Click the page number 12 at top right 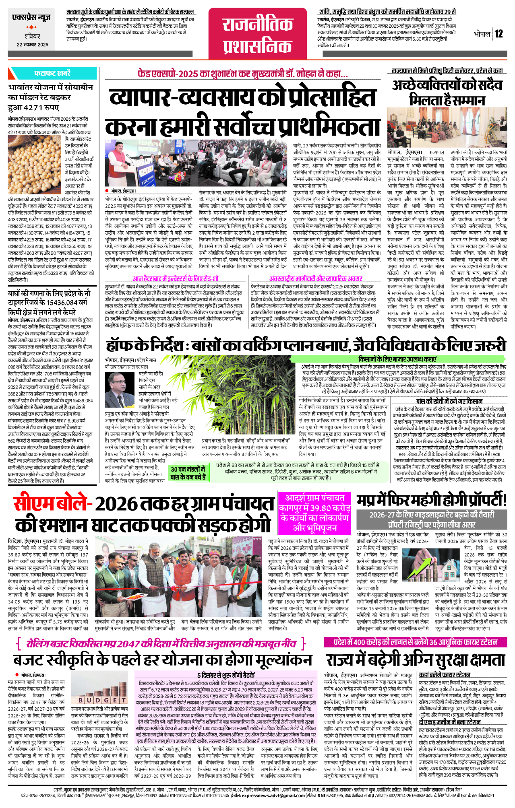498,34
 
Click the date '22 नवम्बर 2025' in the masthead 32,45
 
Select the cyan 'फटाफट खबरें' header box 52,74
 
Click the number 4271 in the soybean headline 36,108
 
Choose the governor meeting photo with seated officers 447,127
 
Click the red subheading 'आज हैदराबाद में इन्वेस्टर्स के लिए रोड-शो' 176,278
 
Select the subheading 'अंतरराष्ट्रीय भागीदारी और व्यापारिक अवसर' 316,278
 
